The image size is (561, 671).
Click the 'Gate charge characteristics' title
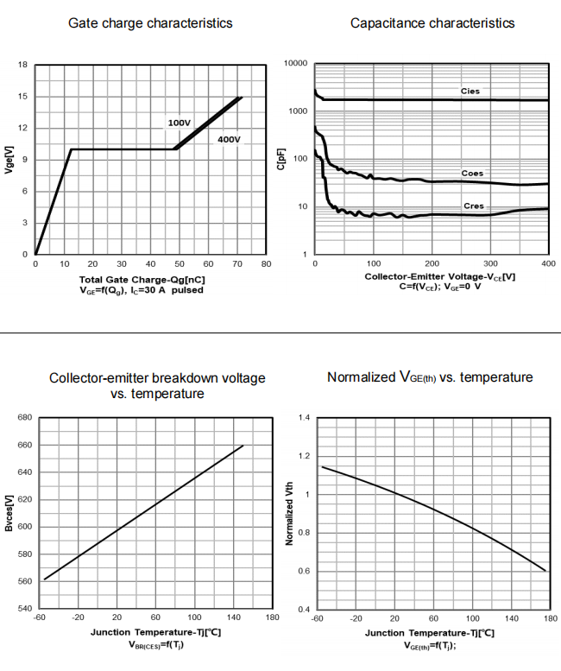(x=150, y=23)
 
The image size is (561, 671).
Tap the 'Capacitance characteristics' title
(x=432, y=23)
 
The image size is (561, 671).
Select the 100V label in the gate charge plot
(x=179, y=123)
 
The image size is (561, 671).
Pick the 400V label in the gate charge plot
(x=229, y=140)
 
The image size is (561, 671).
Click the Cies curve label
(x=470, y=91)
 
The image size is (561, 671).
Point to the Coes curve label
(x=472, y=174)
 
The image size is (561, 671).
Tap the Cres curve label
(x=473, y=206)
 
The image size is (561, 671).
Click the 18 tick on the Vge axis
(x=22, y=65)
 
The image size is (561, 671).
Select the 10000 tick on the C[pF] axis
(x=295, y=64)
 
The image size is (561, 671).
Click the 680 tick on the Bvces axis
(x=24, y=417)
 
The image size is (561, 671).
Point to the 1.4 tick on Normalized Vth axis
(x=302, y=417)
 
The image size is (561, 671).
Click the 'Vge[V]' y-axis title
(x=8, y=160)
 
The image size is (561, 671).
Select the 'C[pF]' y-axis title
(x=281, y=160)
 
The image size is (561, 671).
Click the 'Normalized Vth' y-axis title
(x=290, y=514)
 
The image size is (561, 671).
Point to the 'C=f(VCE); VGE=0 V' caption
(x=428, y=287)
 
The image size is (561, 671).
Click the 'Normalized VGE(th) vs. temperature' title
(x=430, y=377)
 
